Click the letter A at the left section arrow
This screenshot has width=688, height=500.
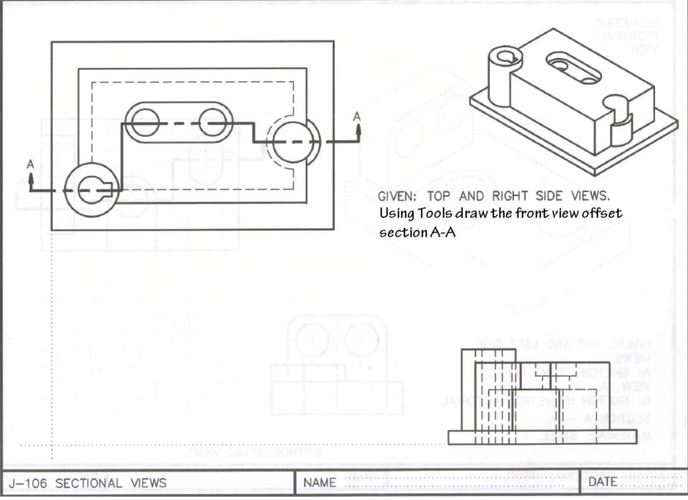[x=30, y=163]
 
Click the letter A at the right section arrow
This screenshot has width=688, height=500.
[x=357, y=116]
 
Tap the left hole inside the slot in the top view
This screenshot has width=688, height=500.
[x=145, y=122]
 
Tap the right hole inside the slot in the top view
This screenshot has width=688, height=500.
[x=214, y=122]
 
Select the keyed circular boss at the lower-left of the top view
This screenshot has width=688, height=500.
[x=91, y=190]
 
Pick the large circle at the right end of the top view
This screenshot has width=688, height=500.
[x=294, y=141]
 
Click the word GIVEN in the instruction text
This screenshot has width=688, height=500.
[x=396, y=197]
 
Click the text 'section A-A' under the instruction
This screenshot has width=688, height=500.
[x=413, y=233]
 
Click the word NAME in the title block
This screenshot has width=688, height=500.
[x=320, y=483]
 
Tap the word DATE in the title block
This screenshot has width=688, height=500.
[x=603, y=483]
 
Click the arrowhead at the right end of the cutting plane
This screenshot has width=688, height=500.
[x=357, y=128]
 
